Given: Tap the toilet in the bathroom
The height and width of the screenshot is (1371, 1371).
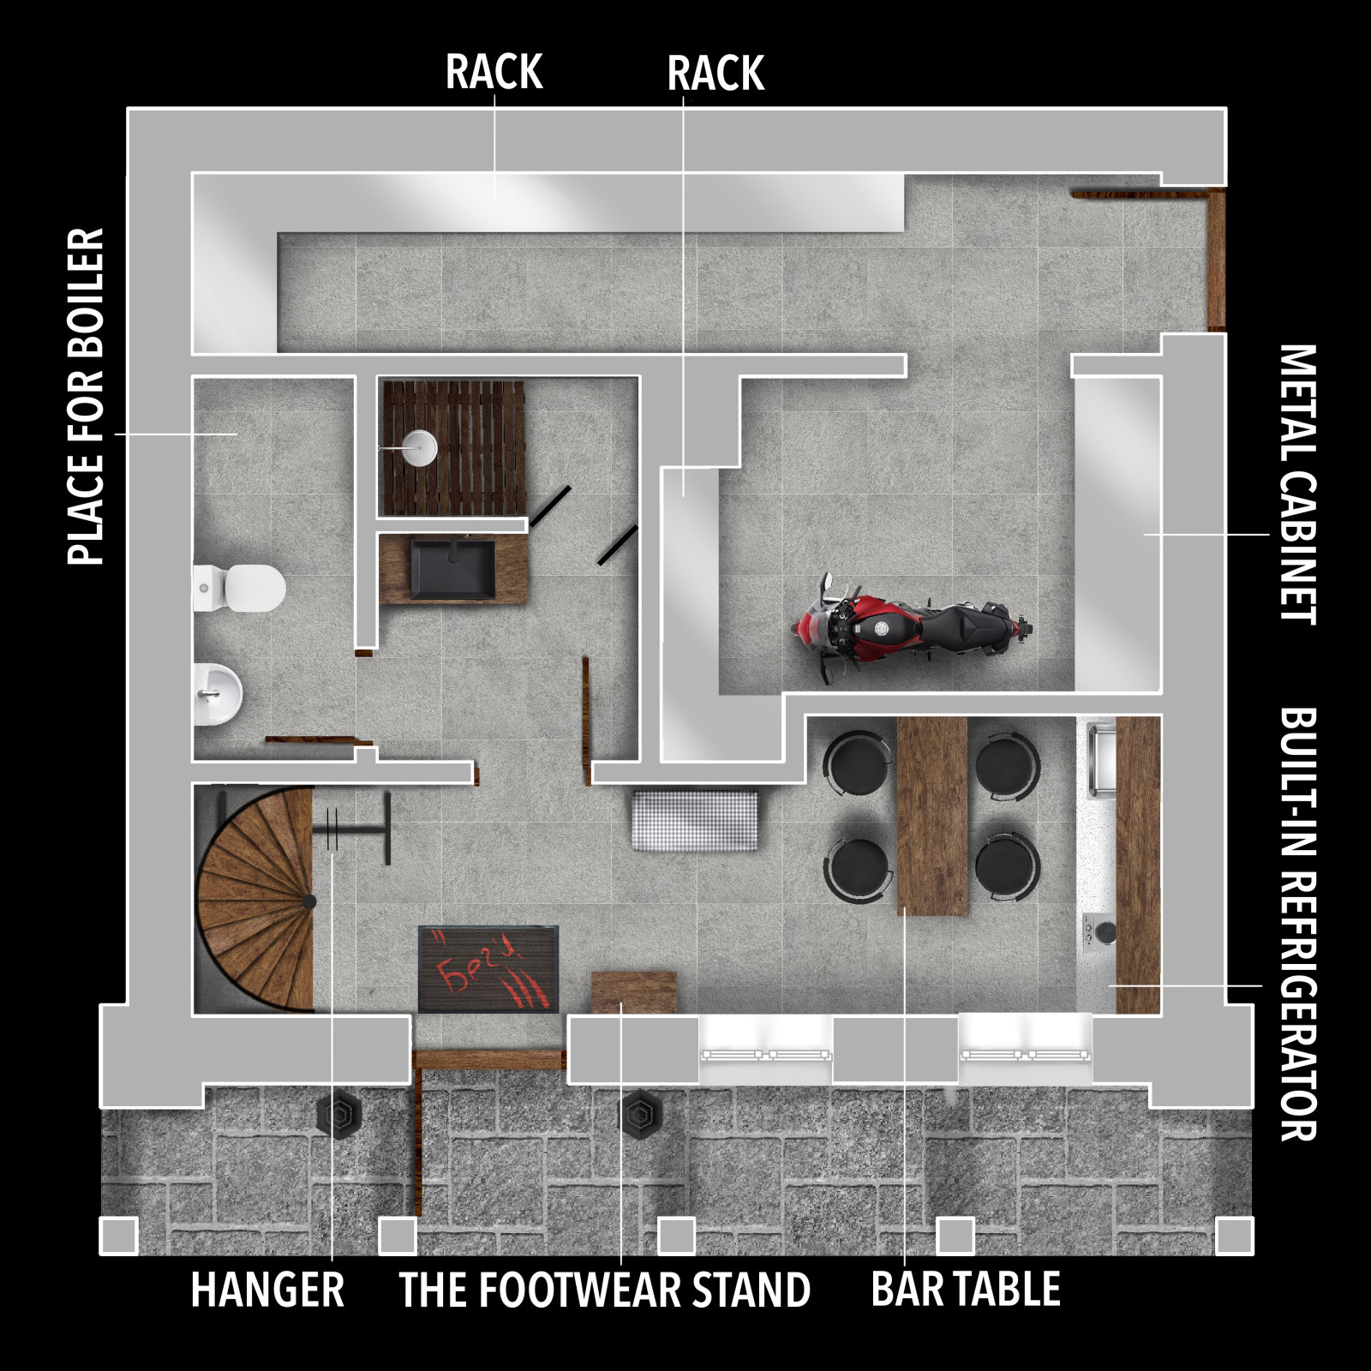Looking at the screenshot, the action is click(239, 588).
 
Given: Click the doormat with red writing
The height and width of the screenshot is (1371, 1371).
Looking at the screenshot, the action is click(488, 969).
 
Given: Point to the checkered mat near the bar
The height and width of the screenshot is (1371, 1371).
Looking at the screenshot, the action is click(696, 821).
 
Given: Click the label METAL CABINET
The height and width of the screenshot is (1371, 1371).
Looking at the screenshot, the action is click(1297, 485).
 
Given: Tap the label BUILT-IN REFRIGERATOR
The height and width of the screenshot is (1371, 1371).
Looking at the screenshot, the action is click(1297, 924).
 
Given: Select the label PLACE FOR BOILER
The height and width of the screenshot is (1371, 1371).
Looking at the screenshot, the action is click(86, 397).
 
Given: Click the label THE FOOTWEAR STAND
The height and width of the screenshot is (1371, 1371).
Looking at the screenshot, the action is click(604, 1290).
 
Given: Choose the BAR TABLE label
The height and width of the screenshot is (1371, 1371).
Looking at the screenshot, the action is click(966, 1290).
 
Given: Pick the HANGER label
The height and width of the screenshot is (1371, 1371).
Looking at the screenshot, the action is click(267, 1290).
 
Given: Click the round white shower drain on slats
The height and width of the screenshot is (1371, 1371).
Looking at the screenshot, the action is click(420, 447).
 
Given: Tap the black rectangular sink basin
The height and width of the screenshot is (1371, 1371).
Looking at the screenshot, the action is click(452, 568).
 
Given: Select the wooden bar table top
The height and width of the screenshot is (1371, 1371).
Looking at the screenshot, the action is click(932, 816).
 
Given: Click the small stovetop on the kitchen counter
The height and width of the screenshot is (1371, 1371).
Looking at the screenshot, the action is click(1097, 931).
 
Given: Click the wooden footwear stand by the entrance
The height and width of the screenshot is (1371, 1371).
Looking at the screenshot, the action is click(634, 993).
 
